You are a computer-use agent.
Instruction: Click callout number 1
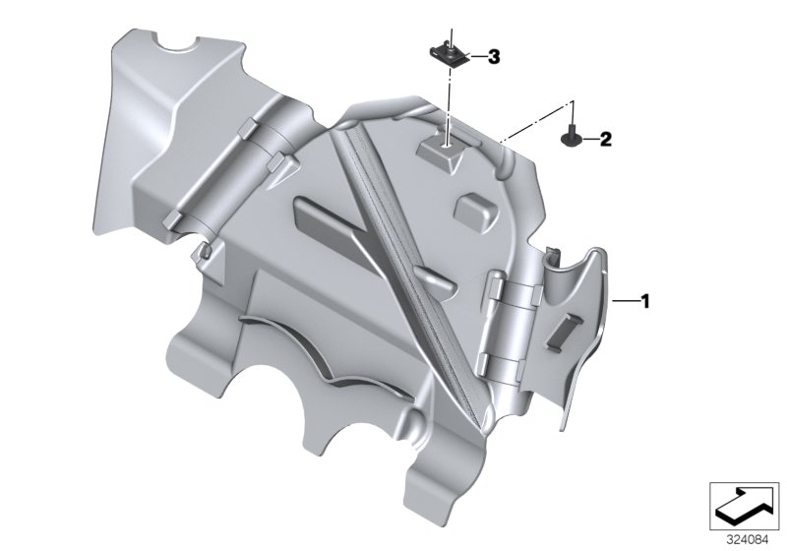[645, 301]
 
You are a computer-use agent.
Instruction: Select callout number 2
[606, 139]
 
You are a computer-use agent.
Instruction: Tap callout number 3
[494, 57]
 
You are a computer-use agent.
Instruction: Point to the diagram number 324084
[748, 540]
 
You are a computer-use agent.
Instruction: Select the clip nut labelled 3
[450, 53]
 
